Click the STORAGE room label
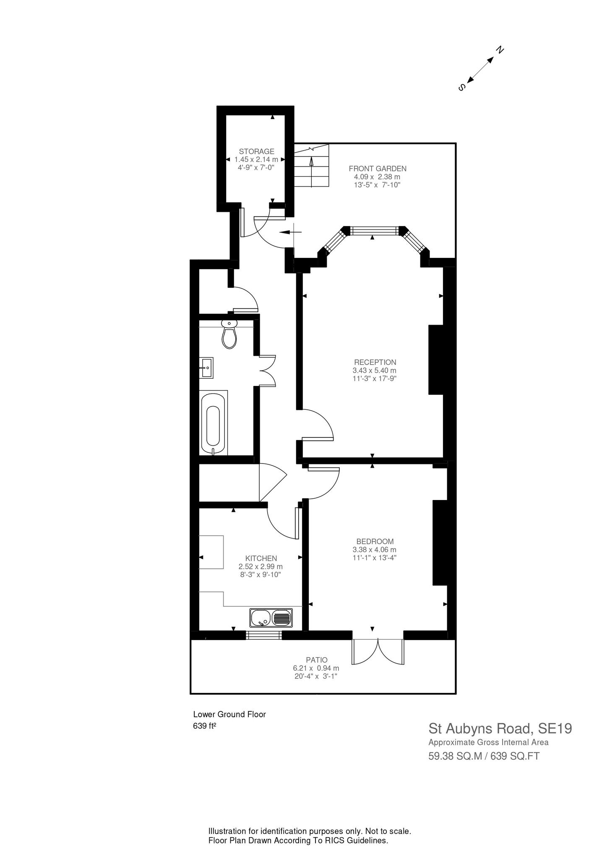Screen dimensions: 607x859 [x=257, y=151]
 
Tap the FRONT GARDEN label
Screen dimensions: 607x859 [x=378, y=169]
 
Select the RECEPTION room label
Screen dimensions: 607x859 [x=375, y=362]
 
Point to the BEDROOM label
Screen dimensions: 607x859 [x=375, y=541]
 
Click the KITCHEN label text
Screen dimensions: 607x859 [x=261, y=558]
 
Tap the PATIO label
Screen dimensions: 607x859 [x=317, y=660]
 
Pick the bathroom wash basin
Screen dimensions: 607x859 [x=206, y=367]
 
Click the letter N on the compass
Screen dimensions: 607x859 [x=500, y=50]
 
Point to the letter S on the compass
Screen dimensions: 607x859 [x=462, y=87]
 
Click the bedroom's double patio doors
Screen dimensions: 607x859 [x=378, y=653]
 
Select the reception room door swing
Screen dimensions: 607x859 [x=318, y=424]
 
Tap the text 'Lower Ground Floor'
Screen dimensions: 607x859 [x=229, y=714]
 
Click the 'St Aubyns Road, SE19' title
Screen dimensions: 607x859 [x=500, y=728]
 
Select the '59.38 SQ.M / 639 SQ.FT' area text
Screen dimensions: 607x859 [x=484, y=756]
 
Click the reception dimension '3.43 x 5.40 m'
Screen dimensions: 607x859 [x=375, y=370]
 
